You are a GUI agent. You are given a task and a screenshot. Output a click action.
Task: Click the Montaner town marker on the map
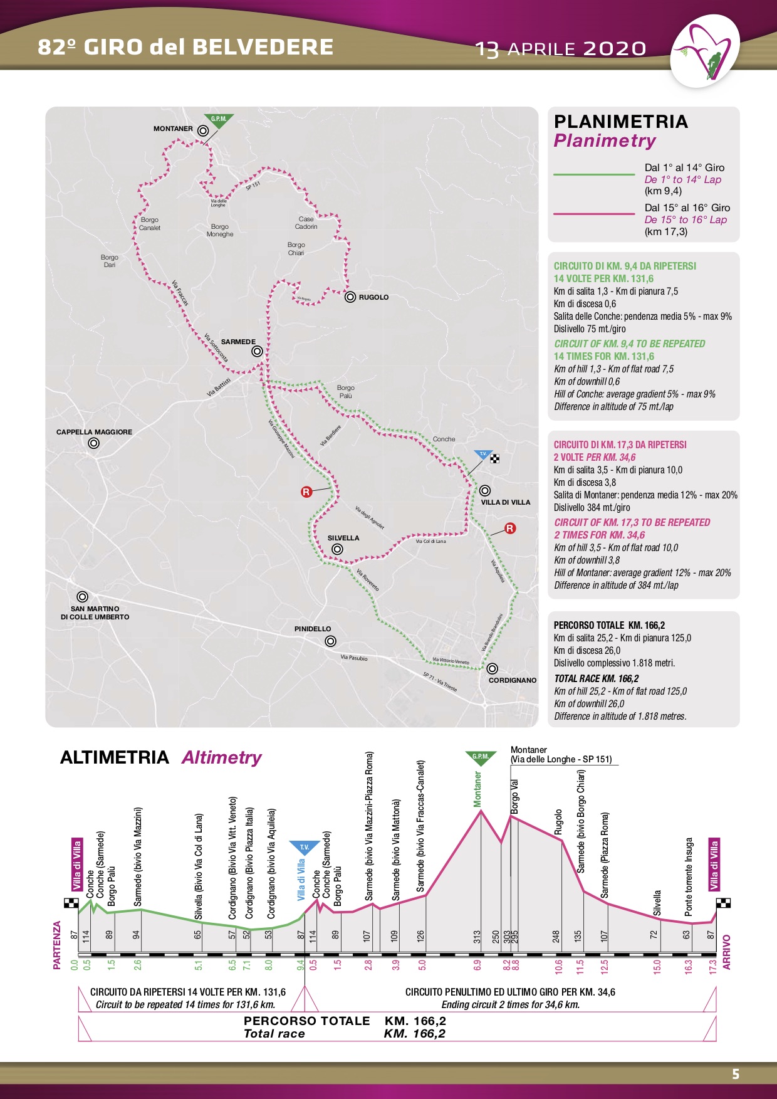pos(202,131)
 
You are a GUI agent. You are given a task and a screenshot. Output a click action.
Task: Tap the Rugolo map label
pos(373,297)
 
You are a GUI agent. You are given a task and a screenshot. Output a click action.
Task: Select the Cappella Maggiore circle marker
pos(93,443)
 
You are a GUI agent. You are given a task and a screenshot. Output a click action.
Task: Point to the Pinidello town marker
pos(330,641)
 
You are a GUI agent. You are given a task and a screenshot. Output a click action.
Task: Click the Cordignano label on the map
pos(512,680)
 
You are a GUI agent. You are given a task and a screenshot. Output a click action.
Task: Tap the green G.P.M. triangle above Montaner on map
pos(219,120)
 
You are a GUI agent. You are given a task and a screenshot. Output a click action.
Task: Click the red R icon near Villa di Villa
pos(510,528)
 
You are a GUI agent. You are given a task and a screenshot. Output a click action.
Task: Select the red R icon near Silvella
pos(306,492)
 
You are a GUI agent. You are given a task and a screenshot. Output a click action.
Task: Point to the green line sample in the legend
pos(593,174)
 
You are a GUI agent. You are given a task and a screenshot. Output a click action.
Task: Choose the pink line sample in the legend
pos(593,214)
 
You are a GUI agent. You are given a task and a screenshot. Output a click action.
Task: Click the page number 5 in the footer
pos(736,1074)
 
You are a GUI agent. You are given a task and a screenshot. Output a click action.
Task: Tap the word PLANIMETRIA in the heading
pos(620,122)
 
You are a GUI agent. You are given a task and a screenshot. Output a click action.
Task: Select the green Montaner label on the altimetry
pos(478,789)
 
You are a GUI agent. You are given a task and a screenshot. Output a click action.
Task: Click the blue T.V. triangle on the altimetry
pos(304,848)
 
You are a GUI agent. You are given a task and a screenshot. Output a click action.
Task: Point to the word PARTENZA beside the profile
pos(58,945)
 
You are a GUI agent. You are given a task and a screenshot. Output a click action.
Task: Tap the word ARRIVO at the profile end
pos(727,952)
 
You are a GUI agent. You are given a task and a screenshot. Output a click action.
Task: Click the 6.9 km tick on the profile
pos(477,965)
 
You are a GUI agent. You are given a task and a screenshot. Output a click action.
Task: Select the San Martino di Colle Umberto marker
pos(82,597)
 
